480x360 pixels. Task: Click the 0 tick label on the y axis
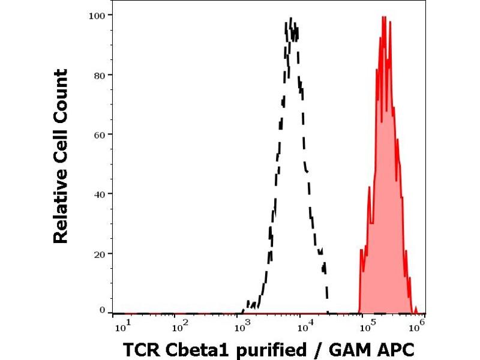pos(103,310)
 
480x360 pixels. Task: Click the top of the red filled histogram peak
pos(383,17)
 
